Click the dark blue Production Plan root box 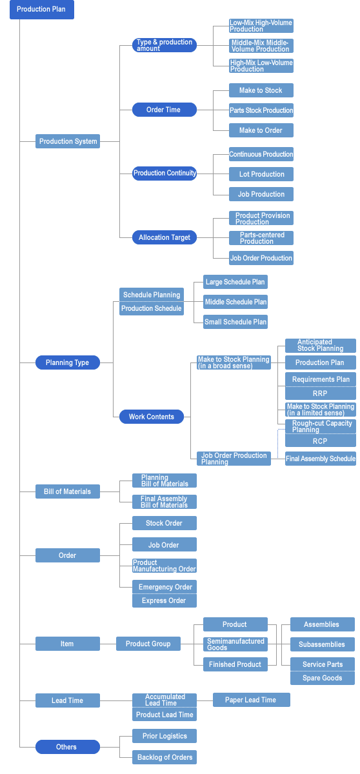pyautogui.click(x=42, y=9)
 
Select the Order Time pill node pyautogui.click(x=165, y=110)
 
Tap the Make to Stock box pyautogui.click(x=261, y=90)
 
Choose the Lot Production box pyautogui.click(x=261, y=174)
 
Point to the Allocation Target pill pyautogui.click(x=165, y=237)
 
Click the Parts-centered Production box pyautogui.click(x=261, y=238)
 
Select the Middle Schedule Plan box pyautogui.click(x=235, y=302)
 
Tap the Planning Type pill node pyautogui.click(x=68, y=362)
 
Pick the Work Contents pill pyautogui.click(x=152, y=417)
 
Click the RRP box pyautogui.click(x=321, y=393)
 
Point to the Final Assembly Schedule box pyautogui.click(x=321, y=459)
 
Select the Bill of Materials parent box pyautogui.click(x=68, y=491)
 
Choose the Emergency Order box pyautogui.click(x=165, y=587)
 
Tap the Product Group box pyautogui.click(x=148, y=644)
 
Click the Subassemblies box pyautogui.click(x=323, y=644)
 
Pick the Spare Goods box pyautogui.click(x=323, y=678)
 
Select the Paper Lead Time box pyautogui.click(x=252, y=700)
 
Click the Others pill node pyautogui.click(x=68, y=747)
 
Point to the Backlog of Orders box pyautogui.click(x=165, y=757)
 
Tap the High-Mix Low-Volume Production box pyautogui.click(x=261, y=66)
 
